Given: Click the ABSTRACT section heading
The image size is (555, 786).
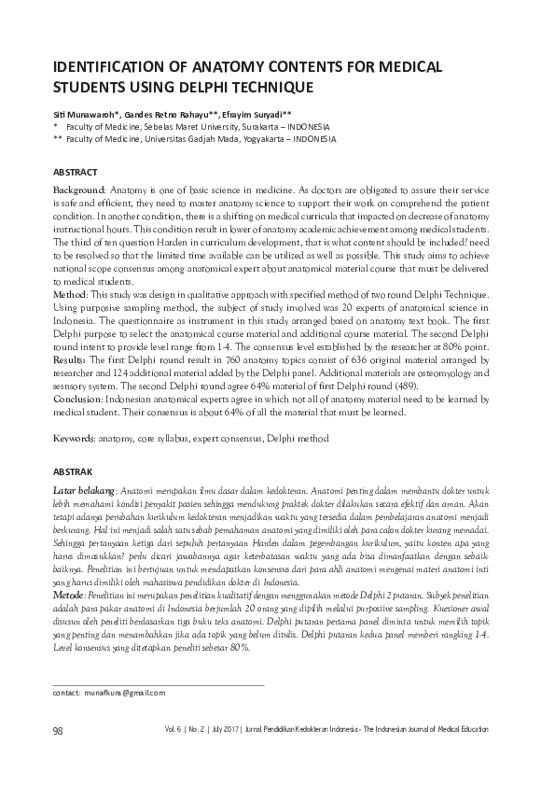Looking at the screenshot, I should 74,173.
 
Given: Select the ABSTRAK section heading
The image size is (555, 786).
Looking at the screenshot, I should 73,472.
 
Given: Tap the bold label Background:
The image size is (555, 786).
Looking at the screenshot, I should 80,189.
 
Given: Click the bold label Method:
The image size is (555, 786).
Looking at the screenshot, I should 70,293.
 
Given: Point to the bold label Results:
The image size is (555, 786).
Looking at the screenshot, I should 71,358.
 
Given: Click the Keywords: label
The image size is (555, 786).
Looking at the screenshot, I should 75,437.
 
